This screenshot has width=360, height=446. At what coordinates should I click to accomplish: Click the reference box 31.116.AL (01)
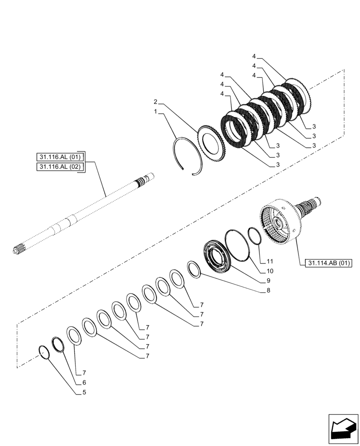coord(60,157)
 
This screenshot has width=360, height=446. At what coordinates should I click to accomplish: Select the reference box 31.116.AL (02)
coord(60,167)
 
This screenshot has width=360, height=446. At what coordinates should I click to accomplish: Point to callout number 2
coord(155,101)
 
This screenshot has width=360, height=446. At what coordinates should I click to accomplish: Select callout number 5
coord(84,392)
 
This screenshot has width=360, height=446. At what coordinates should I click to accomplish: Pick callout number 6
coord(84,382)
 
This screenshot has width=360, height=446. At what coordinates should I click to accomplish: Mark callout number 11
coord(270,261)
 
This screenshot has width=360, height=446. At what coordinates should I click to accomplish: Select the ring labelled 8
coord(194,269)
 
